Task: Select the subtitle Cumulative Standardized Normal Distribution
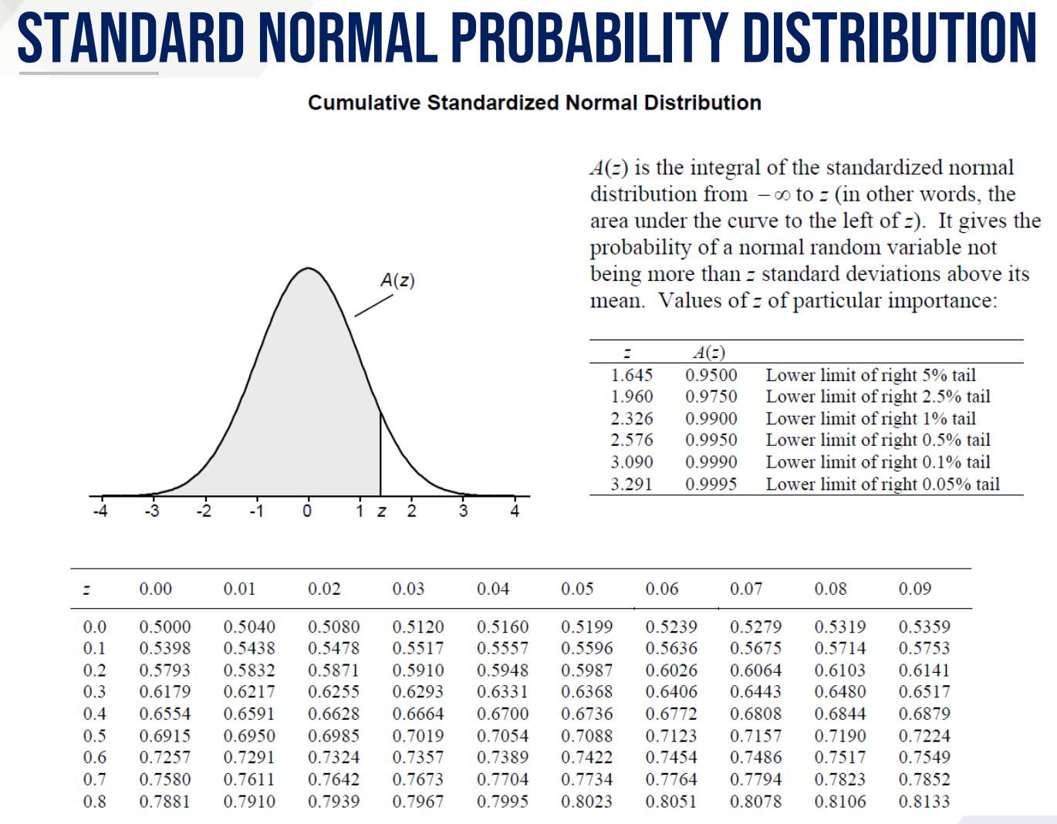[x=534, y=103]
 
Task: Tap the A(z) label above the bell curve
[x=397, y=280]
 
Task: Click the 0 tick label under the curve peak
[x=307, y=511]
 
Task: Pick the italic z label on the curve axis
[x=382, y=512]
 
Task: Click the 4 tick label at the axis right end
[x=515, y=511]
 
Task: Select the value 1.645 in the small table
[x=631, y=375]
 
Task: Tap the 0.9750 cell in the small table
[x=711, y=397]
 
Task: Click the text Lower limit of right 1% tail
[x=870, y=418]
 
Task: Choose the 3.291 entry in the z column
[x=631, y=484]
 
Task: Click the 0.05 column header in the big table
[x=577, y=589]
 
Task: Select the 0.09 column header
[x=914, y=589]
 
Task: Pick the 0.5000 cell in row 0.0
[x=164, y=626]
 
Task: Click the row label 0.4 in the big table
[x=95, y=714]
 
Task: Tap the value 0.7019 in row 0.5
[x=417, y=736]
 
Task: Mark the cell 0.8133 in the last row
[x=924, y=802]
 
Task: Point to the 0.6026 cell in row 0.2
[x=670, y=670]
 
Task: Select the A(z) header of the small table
[x=708, y=353]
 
